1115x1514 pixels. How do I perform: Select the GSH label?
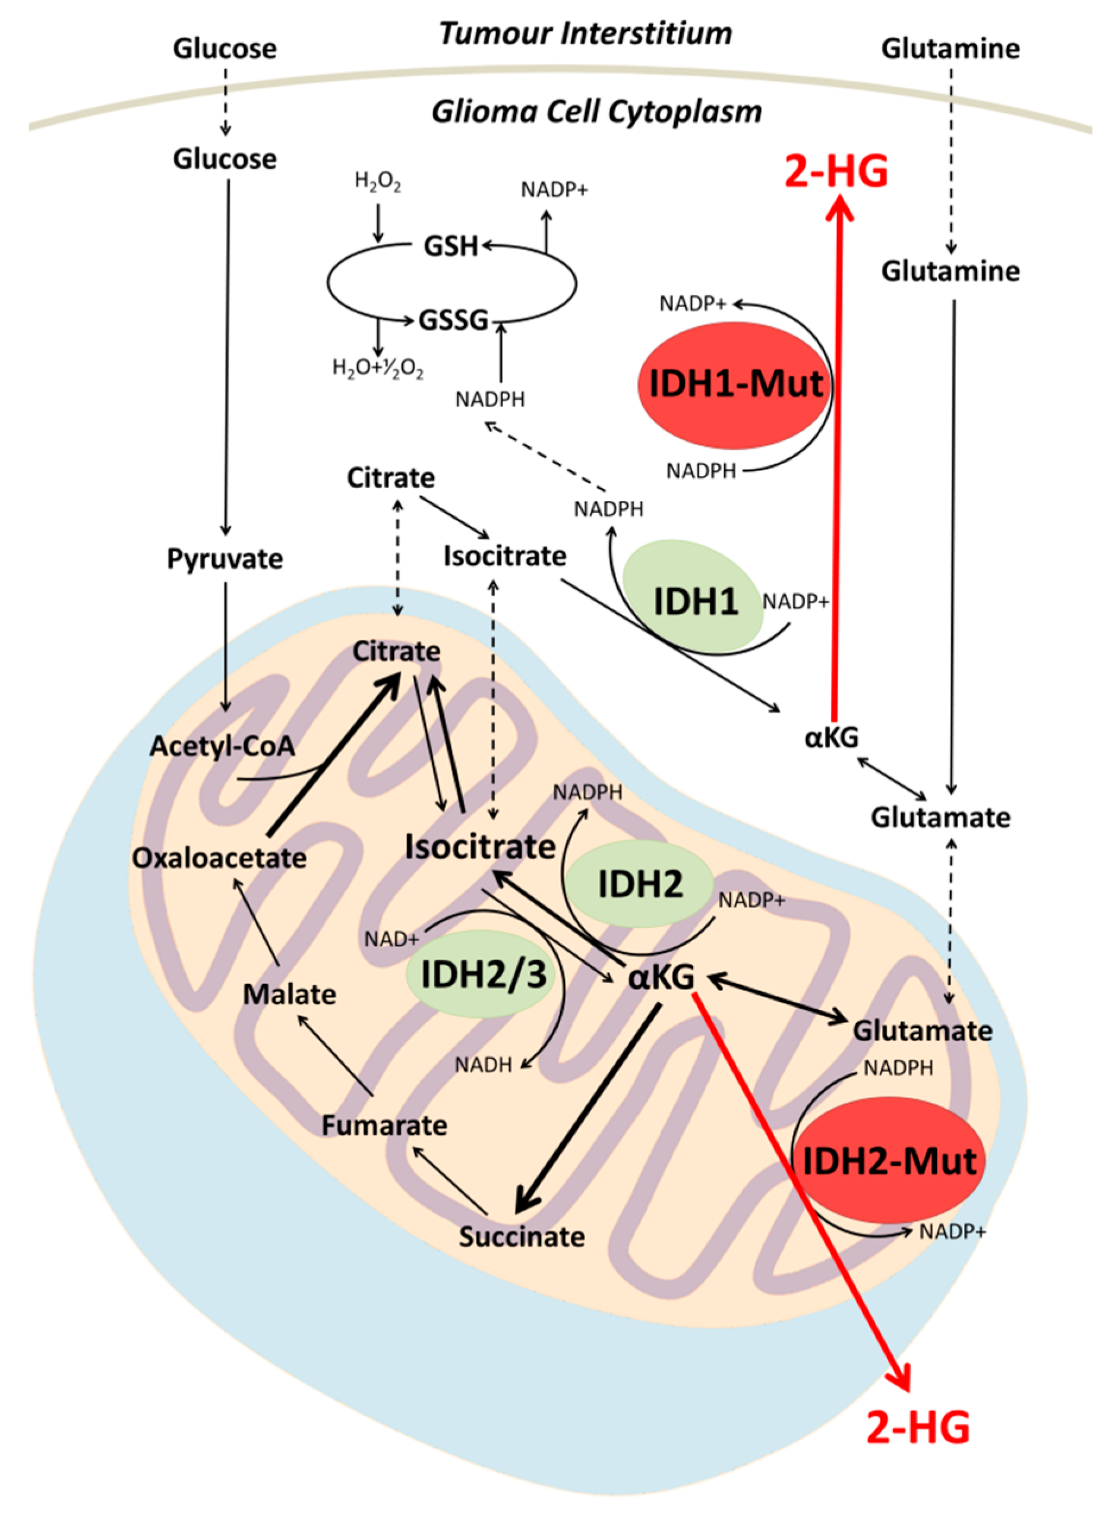pos(451,247)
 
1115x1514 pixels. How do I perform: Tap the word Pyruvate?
pos(225,559)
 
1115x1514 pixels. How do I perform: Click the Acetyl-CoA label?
pos(223,746)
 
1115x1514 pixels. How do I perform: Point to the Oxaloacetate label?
pos(219,858)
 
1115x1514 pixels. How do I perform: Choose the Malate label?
pos(289,994)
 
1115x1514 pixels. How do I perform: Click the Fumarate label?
pos(384,1125)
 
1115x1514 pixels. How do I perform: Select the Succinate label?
pos(522,1237)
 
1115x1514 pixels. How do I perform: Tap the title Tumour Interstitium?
pos(586,33)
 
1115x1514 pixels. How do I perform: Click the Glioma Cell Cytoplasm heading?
pos(596,111)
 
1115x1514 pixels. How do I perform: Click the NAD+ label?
pos(391,939)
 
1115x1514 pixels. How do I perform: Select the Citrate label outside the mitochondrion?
pos(391,478)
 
